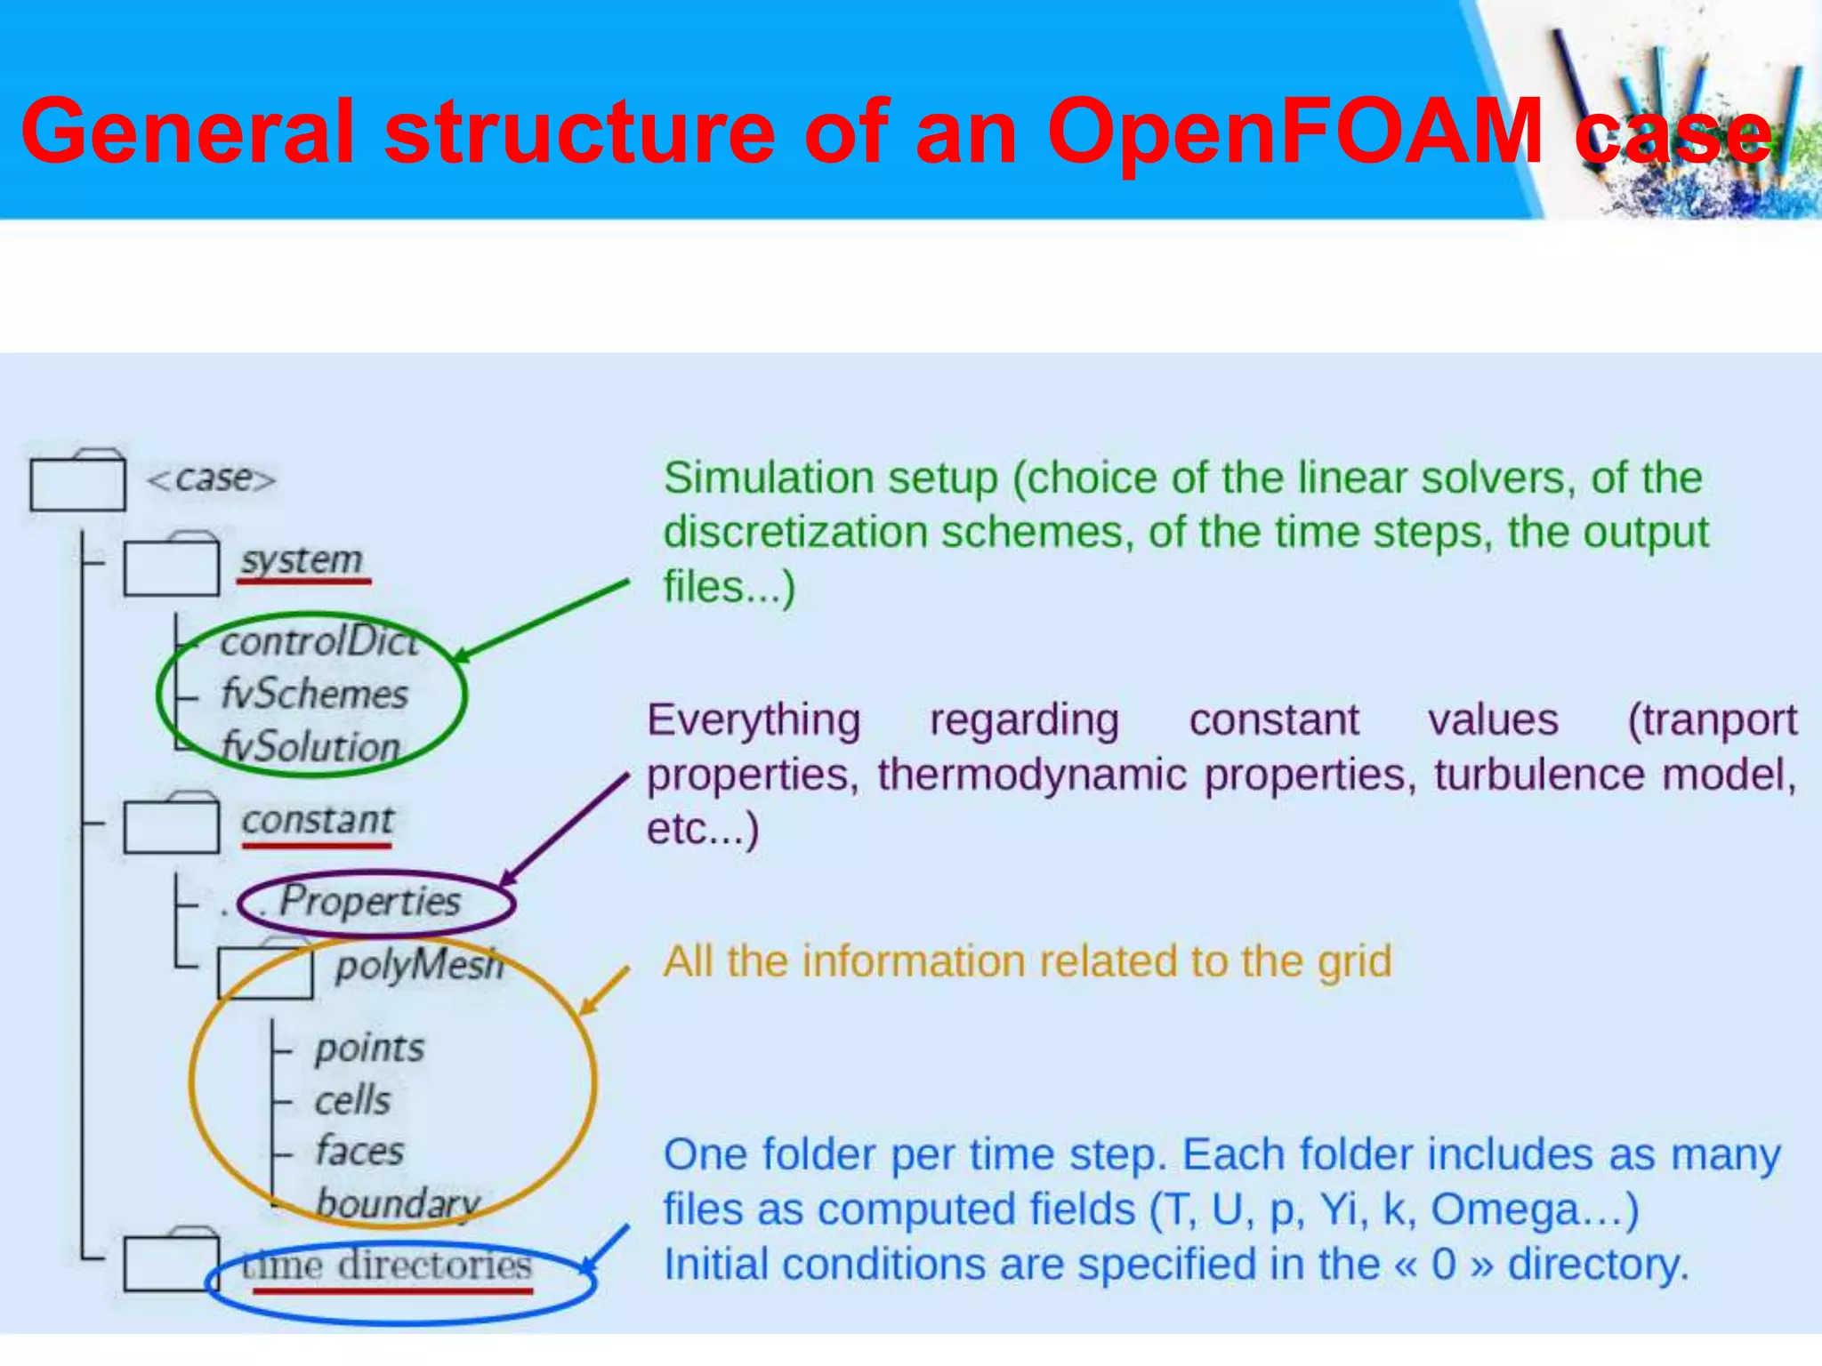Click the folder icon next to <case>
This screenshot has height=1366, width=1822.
pyautogui.click(x=77, y=482)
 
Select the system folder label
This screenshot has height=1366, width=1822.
pyautogui.click(x=302, y=560)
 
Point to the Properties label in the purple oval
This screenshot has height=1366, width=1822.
pyautogui.click(x=370, y=902)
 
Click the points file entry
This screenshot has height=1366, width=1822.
pyautogui.click(x=369, y=1049)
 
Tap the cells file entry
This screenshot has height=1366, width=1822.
pyautogui.click(x=352, y=1101)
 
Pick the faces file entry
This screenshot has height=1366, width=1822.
pyautogui.click(x=359, y=1152)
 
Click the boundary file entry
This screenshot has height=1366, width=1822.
pyautogui.click(x=398, y=1204)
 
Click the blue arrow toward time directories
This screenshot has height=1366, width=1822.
pyautogui.click(x=605, y=1249)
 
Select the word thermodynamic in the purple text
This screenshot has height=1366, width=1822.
pyautogui.click(x=1031, y=775)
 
